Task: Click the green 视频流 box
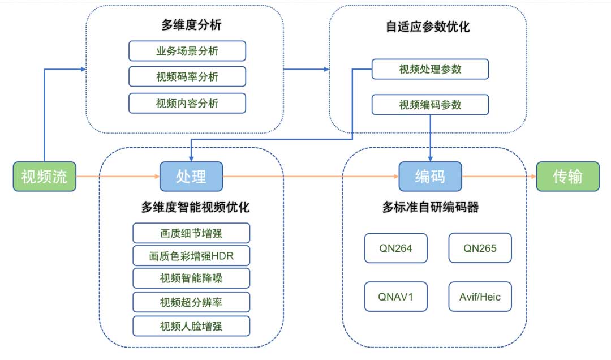click(44, 177)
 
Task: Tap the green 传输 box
click(567, 177)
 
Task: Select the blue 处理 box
click(191, 177)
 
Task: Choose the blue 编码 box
click(430, 177)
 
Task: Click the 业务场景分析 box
click(187, 51)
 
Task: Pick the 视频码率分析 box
click(187, 77)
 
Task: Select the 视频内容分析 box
click(187, 103)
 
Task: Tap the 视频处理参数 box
click(430, 69)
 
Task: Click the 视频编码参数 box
click(430, 105)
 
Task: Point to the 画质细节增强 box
click(191, 233)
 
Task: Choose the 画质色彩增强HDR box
click(191, 256)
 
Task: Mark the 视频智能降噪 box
click(191, 278)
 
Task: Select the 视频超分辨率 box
click(191, 302)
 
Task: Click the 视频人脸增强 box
click(191, 326)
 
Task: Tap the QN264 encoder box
click(395, 248)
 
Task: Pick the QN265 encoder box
click(480, 248)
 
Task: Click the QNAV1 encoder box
click(395, 297)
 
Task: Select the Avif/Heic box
click(480, 297)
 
